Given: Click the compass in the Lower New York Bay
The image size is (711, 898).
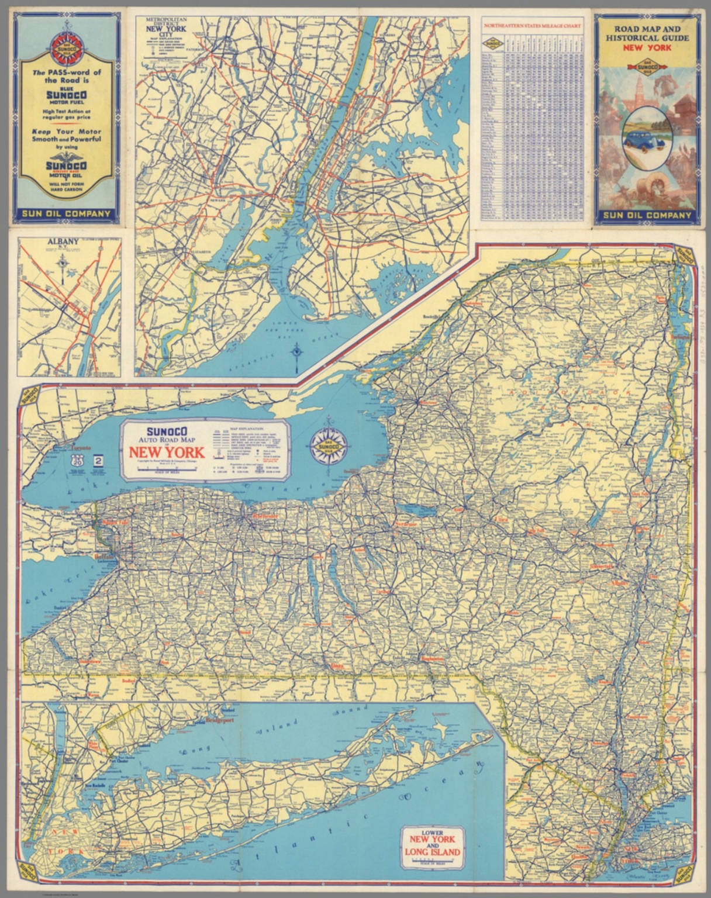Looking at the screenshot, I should pos(297,353).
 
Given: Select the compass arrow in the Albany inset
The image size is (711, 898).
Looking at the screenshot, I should pos(62,264).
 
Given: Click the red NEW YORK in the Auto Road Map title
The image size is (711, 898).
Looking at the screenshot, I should pos(166,452).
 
